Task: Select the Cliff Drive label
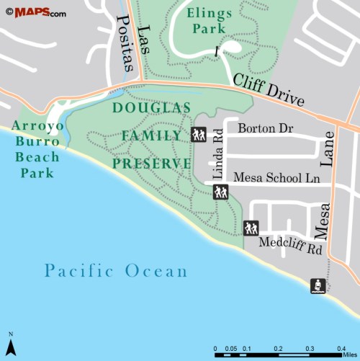click(x=269, y=89)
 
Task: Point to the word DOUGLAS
click(x=152, y=108)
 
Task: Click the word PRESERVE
click(x=152, y=163)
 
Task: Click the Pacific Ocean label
click(x=115, y=271)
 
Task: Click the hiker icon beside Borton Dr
click(x=199, y=134)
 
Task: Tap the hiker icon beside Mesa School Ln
click(x=220, y=191)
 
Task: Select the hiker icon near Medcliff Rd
click(x=251, y=228)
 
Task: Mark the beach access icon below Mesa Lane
click(x=318, y=285)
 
